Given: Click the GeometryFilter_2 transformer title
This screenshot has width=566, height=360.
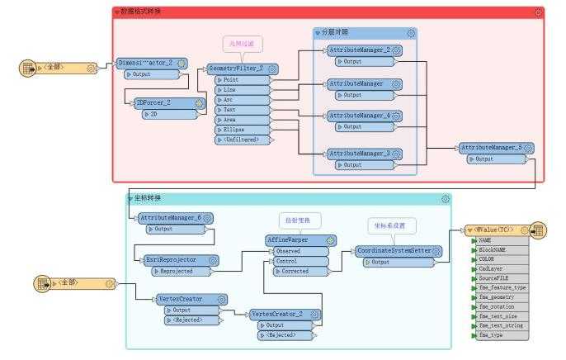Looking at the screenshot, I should coord(237,69).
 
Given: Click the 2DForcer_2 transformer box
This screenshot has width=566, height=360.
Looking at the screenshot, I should coord(163,103).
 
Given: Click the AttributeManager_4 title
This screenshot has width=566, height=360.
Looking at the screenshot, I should coord(358,116).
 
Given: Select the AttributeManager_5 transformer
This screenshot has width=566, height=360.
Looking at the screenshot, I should coord(491,148).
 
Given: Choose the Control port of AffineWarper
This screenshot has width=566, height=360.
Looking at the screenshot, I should coord(294,261).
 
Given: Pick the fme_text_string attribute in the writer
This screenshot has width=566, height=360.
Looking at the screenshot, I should coord(502,325).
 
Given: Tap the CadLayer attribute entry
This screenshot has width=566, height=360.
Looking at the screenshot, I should coord(493,268).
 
